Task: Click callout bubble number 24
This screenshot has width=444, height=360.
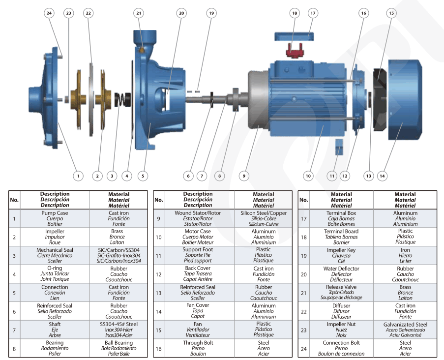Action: (49, 13)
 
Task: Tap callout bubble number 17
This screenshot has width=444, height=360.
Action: (313, 13)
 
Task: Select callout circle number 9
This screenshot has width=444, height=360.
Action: (244, 176)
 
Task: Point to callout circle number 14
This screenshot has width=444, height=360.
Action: (382, 176)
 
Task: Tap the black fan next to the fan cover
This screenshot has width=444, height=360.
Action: (380, 99)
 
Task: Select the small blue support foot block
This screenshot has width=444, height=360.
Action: (339, 147)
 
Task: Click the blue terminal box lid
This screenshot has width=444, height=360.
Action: (294, 36)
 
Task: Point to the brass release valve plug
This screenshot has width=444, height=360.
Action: (142, 49)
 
